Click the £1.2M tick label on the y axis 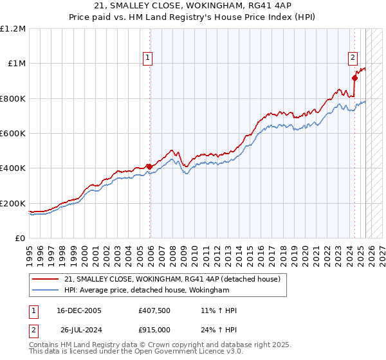coord(13,28)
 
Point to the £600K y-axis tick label coord(13,134)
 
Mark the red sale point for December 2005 coord(150,166)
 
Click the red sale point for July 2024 coord(354,78)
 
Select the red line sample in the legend coord(46,280)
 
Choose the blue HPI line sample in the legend coord(46,291)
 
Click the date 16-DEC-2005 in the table coord(76,310)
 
